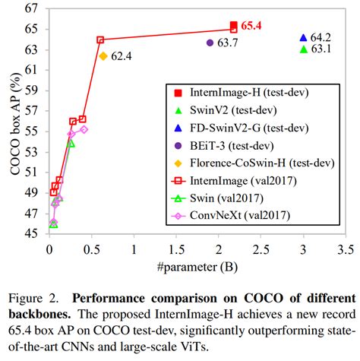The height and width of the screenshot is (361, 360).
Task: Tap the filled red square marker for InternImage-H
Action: (233, 27)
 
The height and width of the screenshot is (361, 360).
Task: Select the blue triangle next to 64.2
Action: (303, 37)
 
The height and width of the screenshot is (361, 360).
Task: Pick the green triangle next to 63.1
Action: (303, 49)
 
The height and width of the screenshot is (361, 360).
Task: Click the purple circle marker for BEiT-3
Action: (210, 43)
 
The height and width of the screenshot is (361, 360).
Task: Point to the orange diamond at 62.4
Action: (103, 55)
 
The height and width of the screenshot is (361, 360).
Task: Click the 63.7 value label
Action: (228, 43)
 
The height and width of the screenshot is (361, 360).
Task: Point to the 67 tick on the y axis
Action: (33, 9)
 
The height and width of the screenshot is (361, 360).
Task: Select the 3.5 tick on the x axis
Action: (346, 249)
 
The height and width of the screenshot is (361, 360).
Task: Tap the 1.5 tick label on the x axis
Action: (176, 249)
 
